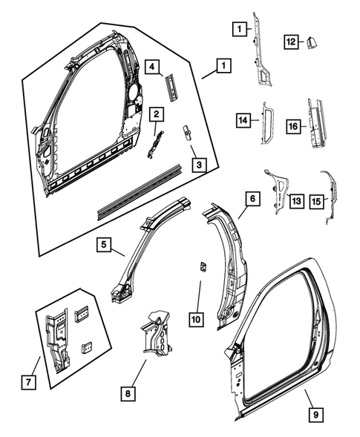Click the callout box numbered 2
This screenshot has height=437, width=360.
click(x=157, y=114)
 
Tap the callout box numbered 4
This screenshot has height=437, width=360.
click(x=151, y=68)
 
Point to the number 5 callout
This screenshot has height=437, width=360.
click(x=103, y=243)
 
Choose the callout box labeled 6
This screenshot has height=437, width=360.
click(x=252, y=198)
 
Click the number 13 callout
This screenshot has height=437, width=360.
click(x=296, y=200)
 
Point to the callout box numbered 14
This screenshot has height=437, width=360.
click(x=242, y=119)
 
